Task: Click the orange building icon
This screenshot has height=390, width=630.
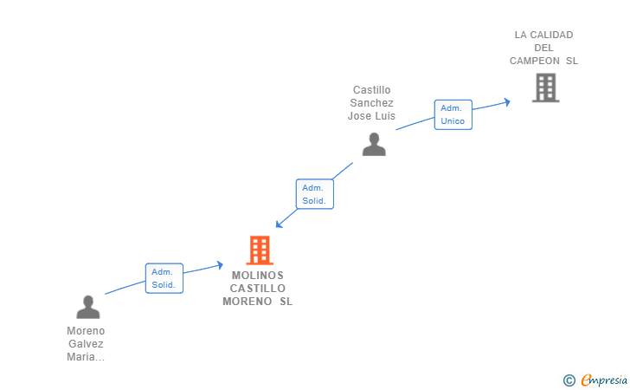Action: [x=260, y=250]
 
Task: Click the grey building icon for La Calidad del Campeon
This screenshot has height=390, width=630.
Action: [x=545, y=88]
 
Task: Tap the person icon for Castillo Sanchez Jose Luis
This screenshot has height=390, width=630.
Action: [x=374, y=144]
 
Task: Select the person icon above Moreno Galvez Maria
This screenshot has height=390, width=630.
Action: [x=88, y=307]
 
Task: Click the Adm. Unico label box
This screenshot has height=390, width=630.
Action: [x=453, y=114]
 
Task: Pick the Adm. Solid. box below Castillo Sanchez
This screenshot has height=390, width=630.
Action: [x=315, y=194]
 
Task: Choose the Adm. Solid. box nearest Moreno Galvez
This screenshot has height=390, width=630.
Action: [x=164, y=278]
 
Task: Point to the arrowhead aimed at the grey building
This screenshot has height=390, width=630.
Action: [x=507, y=102]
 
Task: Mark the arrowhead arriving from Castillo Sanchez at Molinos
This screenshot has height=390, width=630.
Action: [x=279, y=224]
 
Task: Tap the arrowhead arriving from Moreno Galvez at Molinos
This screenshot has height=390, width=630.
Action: [x=220, y=265]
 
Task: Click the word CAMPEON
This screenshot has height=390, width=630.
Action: [x=535, y=61]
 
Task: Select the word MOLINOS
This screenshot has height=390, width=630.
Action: [x=258, y=276]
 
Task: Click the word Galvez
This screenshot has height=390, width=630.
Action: [x=86, y=344]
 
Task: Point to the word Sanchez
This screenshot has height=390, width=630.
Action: [x=371, y=102]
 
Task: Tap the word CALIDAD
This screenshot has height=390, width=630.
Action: [x=551, y=35]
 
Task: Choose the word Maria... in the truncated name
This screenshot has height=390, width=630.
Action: [x=86, y=356]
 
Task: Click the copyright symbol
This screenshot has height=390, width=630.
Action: [x=569, y=380]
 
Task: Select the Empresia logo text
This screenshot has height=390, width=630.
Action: [x=604, y=380]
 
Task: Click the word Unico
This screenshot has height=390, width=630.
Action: [x=453, y=121]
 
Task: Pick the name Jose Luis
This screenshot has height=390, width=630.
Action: [x=371, y=116]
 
